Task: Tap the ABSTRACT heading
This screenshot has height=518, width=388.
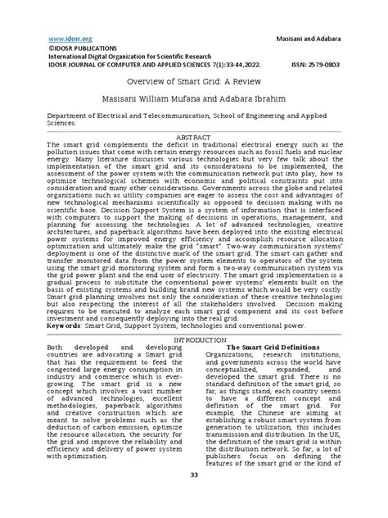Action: (193, 139)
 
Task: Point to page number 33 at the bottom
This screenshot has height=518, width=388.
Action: (194, 498)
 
